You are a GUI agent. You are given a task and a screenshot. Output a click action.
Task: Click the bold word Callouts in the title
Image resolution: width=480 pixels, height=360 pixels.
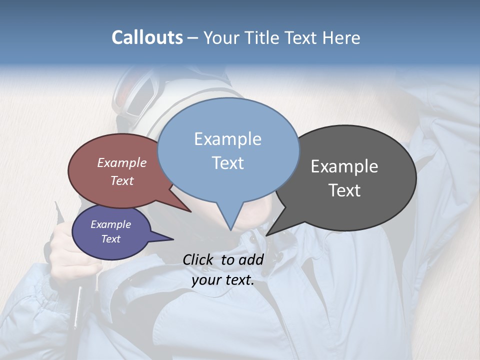click(x=147, y=37)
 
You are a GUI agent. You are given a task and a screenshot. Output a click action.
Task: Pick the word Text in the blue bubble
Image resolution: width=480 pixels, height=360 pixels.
click(x=227, y=162)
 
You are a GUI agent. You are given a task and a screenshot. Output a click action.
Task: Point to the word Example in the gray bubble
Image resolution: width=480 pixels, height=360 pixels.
click(x=344, y=166)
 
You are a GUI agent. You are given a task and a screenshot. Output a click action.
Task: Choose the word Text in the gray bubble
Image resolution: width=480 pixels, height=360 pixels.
click(x=345, y=190)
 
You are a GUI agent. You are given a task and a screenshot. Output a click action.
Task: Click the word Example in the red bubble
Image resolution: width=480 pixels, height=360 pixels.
click(x=121, y=162)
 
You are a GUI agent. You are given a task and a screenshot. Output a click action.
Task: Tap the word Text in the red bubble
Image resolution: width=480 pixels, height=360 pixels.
click(x=121, y=180)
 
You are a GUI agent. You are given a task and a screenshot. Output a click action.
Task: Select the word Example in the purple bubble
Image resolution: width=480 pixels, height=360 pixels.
click(x=110, y=224)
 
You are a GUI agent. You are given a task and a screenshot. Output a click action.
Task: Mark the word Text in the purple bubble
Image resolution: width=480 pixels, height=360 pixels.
click(x=110, y=239)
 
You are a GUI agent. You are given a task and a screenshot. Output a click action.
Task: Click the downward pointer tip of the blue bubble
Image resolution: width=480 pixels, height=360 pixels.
click(x=230, y=230)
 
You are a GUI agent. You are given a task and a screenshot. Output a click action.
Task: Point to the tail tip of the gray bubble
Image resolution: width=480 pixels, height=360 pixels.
click(x=266, y=235)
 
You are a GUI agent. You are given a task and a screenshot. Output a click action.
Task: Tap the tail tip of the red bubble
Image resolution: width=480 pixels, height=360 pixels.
click(x=191, y=212)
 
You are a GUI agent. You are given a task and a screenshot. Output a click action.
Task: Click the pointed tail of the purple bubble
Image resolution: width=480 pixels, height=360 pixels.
click(x=173, y=239)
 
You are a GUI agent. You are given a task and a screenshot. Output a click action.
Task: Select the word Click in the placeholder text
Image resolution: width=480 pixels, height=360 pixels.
click(x=199, y=259)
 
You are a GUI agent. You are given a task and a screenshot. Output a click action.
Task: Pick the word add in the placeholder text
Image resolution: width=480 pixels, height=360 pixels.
click(x=251, y=259)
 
